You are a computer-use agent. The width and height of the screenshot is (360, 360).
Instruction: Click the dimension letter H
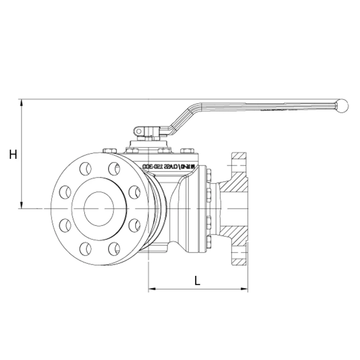pos(13,155)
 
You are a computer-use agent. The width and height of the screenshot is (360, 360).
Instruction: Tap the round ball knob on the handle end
pos(343,105)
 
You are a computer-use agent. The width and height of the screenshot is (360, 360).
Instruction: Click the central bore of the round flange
pos(99,208)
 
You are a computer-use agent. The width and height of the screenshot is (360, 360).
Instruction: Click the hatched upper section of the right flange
pos(237,173)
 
